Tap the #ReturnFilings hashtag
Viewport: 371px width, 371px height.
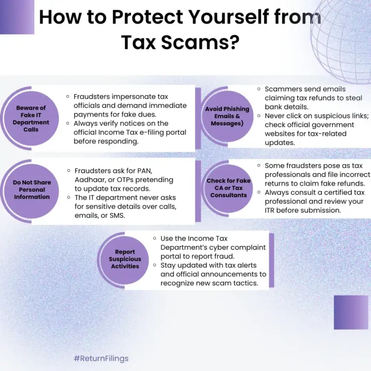101,358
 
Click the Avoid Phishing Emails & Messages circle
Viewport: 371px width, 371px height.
226,116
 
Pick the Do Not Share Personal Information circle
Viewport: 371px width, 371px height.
31,190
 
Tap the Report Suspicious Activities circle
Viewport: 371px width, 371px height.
125,259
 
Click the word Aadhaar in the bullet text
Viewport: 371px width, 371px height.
90,179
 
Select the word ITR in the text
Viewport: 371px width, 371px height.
272,210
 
